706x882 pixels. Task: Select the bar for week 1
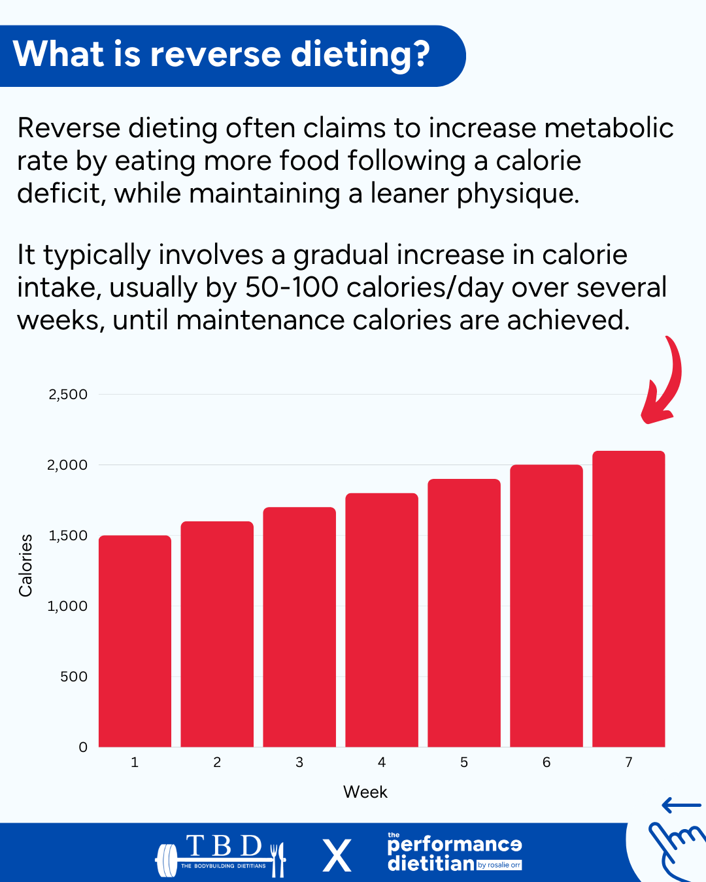pyautogui.click(x=135, y=641)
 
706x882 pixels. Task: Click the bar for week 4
pyautogui.click(x=382, y=620)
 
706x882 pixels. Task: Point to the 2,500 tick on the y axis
pyautogui.click(x=68, y=395)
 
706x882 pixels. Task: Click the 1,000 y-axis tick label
pyautogui.click(x=67, y=606)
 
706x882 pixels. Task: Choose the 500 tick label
pyautogui.click(x=74, y=677)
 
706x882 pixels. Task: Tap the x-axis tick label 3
pyautogui.click(x=299, y=762)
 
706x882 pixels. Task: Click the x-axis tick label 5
pyautogui.click(x=464, y=762)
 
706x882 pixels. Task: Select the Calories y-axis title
pyautogui.click(x=25, y=565)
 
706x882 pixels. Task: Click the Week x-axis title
pyautogui.click(x=365, y=792)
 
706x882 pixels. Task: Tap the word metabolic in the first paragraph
pyautogui.click(x=609, y=128)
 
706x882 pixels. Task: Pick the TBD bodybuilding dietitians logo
pyautogui.click(x=221, y=855)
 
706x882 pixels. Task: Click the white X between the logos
pyautogui.click(x=337, y=856)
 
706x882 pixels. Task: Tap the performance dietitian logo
pyautogui.click(x=455, y=853)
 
